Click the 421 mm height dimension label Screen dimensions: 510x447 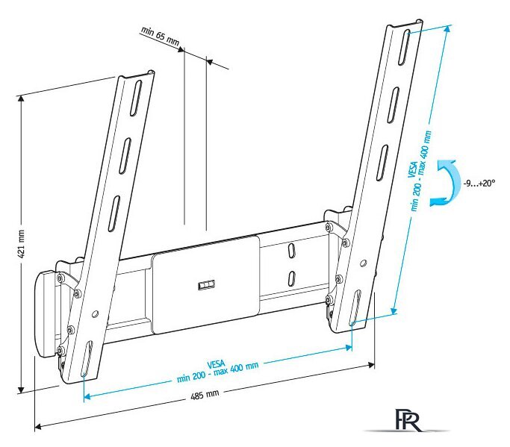tap(21, 243)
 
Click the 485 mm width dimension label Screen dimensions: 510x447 tap(205, 395)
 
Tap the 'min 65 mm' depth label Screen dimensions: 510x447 tap(160, 36)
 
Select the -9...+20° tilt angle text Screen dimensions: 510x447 tap(479, 183)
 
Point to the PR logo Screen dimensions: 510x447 tap(408, 419)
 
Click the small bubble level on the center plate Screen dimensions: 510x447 tap(207, 285)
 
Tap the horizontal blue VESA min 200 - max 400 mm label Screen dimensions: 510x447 tap(217, 371)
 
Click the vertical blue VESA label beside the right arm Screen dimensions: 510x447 tap(420, 170)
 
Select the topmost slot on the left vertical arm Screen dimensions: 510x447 tap(136, 99)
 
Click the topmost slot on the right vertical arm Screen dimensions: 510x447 tap(404, 48)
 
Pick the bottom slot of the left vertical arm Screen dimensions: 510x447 tap(86, 358)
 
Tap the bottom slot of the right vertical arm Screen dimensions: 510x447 tap(355, 308)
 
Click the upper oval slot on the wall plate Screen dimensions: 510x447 tap(292, 250)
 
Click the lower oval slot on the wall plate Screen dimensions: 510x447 tap(292, 278)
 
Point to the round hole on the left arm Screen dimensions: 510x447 tap(95, 314)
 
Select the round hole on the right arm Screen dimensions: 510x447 tap(364, 263)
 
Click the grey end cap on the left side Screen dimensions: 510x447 tap(46, 313)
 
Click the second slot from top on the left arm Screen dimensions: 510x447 tap(125, 156)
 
